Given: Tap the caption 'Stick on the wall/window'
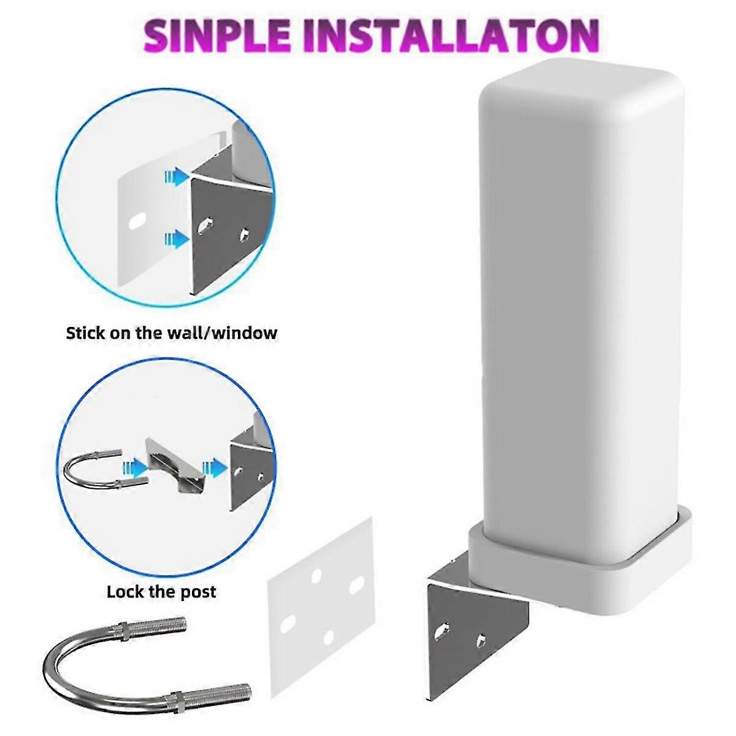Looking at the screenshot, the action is [172, 333].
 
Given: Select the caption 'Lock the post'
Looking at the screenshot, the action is [161, 592].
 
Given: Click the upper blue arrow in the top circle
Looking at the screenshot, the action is [177, 177].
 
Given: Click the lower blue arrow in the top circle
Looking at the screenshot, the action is [177, 239].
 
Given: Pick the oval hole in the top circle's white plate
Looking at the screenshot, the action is [137, 221].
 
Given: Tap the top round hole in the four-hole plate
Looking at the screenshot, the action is [316, 575].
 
